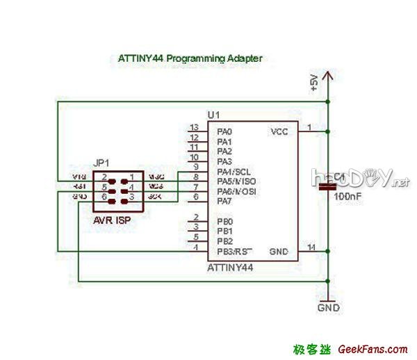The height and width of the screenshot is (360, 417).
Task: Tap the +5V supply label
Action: (314, 83)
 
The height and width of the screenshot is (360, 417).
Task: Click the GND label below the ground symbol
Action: (328, 306)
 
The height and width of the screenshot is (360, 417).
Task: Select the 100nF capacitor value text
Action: (348, 197)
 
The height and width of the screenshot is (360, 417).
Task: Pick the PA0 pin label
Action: (224, 131)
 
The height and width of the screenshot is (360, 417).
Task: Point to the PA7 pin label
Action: (224, 201)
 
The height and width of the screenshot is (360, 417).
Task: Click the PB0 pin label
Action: (224, 221)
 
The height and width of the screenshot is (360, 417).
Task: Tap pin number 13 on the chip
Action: (194, 127)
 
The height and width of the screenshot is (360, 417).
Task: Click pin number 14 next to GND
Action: (311, 247)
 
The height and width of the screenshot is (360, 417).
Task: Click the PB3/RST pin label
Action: (234, 251)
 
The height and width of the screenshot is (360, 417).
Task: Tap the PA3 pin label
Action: (224, 161)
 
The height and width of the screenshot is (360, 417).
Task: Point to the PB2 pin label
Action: (224, 240)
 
